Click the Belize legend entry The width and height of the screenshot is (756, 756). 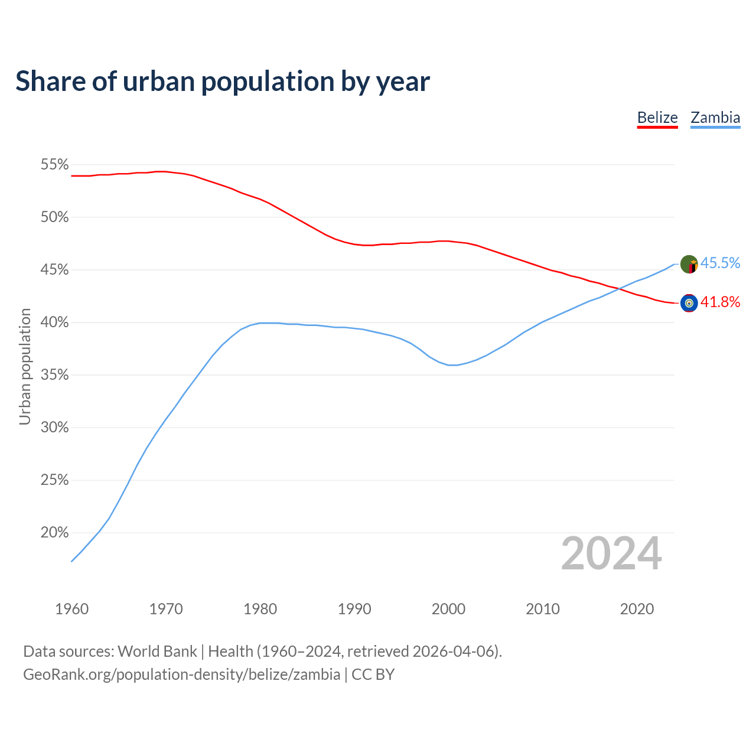tap(657, 118)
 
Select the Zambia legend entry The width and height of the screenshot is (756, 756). tap(715, 118)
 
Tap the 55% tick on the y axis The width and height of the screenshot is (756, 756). tap(55, 165)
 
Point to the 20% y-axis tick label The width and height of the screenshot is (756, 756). tap(55, 533)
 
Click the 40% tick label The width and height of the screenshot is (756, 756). tap(55, 322)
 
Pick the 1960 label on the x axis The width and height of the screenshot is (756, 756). tap(72, 609)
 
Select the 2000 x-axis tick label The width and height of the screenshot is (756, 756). tap(449, 609)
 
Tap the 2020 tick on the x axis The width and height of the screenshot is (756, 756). tap(637, 609)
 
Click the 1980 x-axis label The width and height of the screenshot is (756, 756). tap(260, 609)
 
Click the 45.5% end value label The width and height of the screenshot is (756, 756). tap(721, 263)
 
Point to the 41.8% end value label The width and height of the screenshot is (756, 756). tap(721, 302)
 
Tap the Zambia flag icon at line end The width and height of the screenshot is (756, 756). tap(689, 265)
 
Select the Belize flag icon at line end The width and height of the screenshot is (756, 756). tap(689, 303)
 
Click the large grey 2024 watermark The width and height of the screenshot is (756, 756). tap(611, 553)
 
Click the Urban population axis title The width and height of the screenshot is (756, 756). tap(25, 367)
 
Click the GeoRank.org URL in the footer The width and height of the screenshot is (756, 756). tap(181, 674)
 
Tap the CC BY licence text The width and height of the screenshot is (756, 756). tap(373, 674)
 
